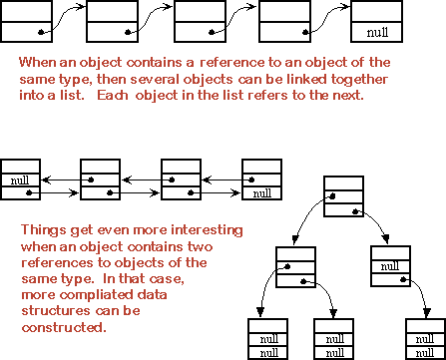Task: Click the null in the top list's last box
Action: pyautogui.click(x=377, y=33)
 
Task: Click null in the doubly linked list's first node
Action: pyautogui.click(x=20, y=180)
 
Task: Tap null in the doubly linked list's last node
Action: pyautogui.click(x=261, y=193)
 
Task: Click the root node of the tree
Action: pyautogui.click(x=342, y=195)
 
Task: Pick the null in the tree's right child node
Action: pyautogui.click(x=390, y=266)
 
